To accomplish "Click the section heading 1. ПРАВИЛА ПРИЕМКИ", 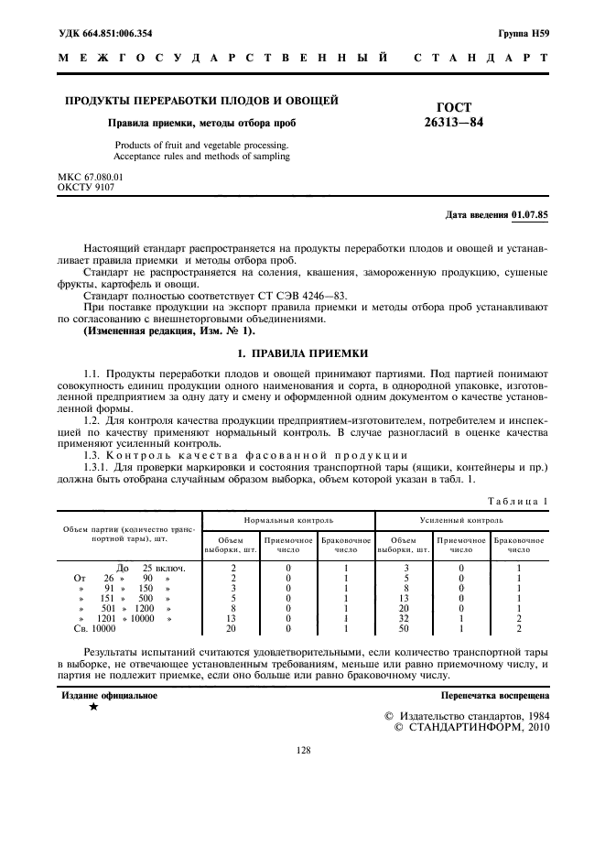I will point(303,353).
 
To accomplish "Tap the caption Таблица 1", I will point(519,502).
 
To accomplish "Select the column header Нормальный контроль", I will point(288,520).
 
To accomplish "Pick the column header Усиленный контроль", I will point(461,520).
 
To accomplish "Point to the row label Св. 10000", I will point(94,629).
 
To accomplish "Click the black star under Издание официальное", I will point(93,708).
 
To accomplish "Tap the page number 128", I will point(303,750).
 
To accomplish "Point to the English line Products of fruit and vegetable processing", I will point(201,145).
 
